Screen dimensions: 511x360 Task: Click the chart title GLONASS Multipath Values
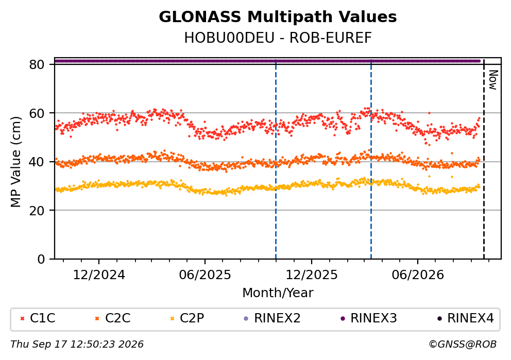(278, 17)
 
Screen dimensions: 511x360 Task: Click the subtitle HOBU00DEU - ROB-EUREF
(278, 38)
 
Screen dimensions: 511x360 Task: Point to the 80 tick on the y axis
(37, 64)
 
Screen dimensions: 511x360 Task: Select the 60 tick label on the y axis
(37, 113)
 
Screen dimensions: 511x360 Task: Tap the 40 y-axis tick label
(37, 162)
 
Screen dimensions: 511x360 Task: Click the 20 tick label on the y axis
(37, 211)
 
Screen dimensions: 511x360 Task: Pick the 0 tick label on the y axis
(41, 260)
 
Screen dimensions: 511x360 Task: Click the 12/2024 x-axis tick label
(99, 275)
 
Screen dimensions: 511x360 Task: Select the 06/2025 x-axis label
(205, 275)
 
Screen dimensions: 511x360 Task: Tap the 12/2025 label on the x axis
(312, 275)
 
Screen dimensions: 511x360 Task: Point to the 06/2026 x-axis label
(418, 275)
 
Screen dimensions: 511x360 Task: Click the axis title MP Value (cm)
(15, 162)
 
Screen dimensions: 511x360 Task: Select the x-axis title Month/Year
(278, 293)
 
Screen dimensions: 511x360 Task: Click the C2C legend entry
(113, 318)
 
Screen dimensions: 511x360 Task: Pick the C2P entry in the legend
(187, 318)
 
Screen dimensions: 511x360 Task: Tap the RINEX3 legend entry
(369, 318)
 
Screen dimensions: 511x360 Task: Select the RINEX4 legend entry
(466, 318)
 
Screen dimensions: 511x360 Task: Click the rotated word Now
(493, 80)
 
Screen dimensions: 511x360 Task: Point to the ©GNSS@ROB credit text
(463, 345)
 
